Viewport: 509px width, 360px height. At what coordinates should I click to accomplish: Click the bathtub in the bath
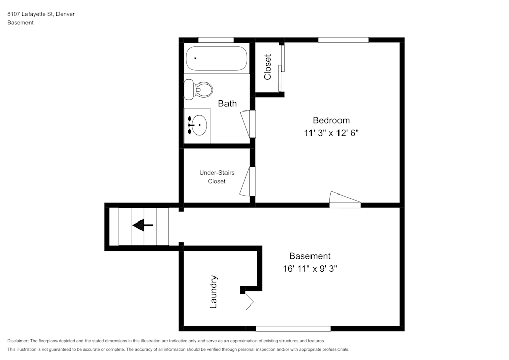[216, 59]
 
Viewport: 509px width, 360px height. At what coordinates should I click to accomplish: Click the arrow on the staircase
[143, 225]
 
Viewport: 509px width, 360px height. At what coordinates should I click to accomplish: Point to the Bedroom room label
[331, 120]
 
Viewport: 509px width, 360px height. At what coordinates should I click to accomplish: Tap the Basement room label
[309, 256]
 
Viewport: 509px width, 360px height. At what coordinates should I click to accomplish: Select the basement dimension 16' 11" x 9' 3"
[310, 268]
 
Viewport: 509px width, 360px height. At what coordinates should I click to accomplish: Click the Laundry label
[214, 292]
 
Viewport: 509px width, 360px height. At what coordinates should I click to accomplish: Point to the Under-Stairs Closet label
[217, 177]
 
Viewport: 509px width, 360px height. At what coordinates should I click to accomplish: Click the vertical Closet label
[268, 67]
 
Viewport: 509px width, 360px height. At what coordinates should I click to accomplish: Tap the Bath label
[227, 103]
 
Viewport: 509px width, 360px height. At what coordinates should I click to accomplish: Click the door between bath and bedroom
[248, 124]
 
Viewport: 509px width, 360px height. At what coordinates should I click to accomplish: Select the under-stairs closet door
[248, 181]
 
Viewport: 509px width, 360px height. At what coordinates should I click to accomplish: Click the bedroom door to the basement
[345, 200]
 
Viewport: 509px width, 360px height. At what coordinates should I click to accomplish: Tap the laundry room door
[248, 299]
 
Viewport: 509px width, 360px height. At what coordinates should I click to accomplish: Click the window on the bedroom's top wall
[343, 40]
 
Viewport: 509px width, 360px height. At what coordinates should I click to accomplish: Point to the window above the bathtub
[215, 40]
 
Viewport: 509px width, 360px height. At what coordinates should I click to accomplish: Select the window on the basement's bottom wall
[293, 328]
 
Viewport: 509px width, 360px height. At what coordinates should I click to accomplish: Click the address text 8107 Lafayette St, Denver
[41, 14]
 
